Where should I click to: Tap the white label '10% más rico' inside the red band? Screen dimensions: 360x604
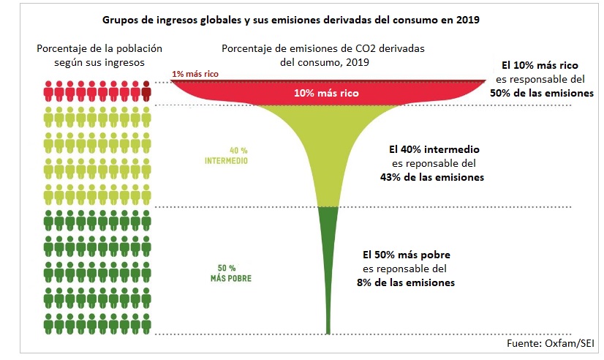click(x=326, y=94)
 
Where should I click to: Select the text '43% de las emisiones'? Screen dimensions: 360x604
click(x=432, y=177)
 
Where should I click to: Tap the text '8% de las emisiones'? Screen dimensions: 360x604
click(x=408, y=282)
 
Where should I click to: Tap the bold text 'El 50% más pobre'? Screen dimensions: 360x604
click(x=407, y=255)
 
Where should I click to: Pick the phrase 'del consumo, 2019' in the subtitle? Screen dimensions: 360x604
click(x=325, y=63)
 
